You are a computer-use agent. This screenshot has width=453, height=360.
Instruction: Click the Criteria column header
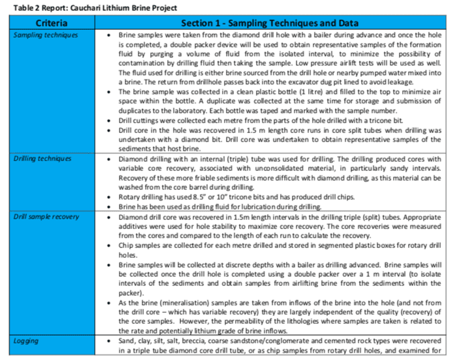51,23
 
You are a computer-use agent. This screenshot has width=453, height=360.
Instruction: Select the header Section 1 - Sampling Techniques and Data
269,23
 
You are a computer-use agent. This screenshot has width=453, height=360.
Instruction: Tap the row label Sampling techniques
45,35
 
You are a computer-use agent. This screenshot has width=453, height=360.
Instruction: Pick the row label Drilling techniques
42,159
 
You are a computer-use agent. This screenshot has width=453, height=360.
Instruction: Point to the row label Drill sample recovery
46,217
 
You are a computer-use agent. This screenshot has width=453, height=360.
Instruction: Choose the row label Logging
26,341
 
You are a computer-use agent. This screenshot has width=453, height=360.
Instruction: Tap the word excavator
299,82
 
